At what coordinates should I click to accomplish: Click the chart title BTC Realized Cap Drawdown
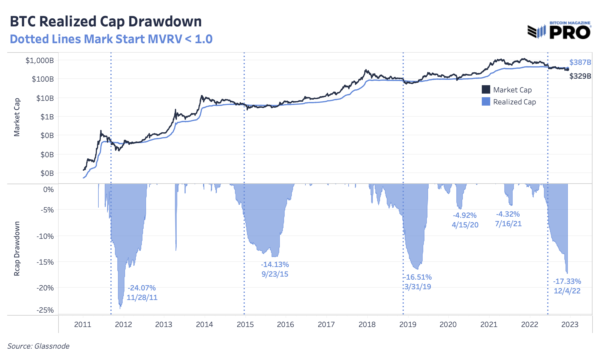tap(106, 22)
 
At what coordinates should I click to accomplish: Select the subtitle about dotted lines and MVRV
tap(111, 39)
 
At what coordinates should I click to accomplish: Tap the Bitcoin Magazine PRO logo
tap(559, 31)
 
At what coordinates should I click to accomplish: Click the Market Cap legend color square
tap(486, 90)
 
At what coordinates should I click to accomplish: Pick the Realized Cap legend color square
tap(486, 102)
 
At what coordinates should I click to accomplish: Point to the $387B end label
tap(580, 62)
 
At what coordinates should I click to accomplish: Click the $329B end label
tap(580, 76)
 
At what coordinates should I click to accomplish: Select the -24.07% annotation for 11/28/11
tap(142, 292)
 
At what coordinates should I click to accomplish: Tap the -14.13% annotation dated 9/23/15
tap(275, 269)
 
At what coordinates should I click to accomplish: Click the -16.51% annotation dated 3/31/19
tap(418, 282)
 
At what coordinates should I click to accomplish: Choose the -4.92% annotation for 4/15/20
tap(465, 220)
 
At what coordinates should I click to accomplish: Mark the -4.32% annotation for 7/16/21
tap(508, 219)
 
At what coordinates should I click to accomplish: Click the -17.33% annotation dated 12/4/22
tap(567, 286)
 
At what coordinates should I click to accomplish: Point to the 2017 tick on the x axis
tap(326, 324)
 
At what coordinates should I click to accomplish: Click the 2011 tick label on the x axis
tap(82, 324)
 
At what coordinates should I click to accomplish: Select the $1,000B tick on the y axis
tap(40, 61)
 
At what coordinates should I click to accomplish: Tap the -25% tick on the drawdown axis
tap(45, 310)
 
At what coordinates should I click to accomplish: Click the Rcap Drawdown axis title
tap(17, 248)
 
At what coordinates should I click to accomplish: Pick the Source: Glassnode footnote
tap(38, 346)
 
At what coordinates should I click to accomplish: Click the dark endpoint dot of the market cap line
tap(567, 70)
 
